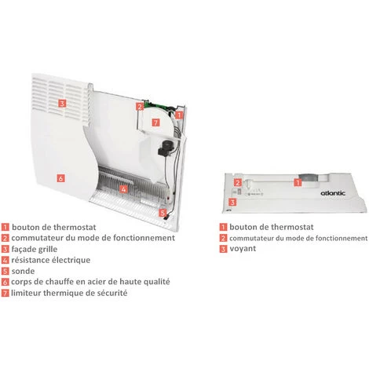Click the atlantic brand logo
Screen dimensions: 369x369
(x=333, y=193)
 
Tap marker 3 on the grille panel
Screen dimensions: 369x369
(x=62, y=104)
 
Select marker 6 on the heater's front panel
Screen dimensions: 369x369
(x=60, y=178)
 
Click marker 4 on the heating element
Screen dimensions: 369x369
(x=123, y=189)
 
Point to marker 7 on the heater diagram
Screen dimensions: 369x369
(x=155, y=122)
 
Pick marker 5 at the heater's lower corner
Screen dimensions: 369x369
(x=163, y=213)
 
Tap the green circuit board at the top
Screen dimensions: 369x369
(x=156, y=105)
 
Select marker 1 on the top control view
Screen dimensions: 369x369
(x=298, y=182)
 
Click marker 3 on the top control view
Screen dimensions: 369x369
(x=232, y=202)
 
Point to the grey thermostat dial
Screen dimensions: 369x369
(x=309, y=180)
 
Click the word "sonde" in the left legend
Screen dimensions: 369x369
(x=23, y=271)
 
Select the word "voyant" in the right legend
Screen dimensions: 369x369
(x=243, y=249)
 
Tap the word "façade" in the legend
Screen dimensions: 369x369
(x=21, y=249)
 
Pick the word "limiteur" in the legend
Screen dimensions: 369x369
(x=26, y=293)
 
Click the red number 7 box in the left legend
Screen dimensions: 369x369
(x=5, y=293)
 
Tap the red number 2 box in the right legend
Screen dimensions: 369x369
(x=223, y=238)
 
